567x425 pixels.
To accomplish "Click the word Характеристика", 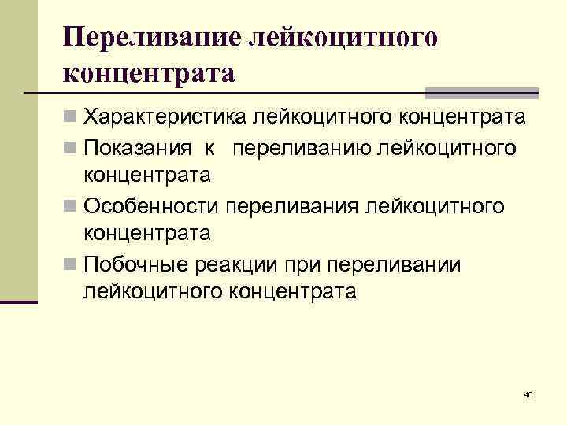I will [165, 118].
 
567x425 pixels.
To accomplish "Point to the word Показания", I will [138, 148].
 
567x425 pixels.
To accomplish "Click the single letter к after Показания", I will [202, 148].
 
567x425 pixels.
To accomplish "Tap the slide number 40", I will [528, 394].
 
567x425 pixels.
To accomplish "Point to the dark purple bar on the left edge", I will [19, 301].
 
